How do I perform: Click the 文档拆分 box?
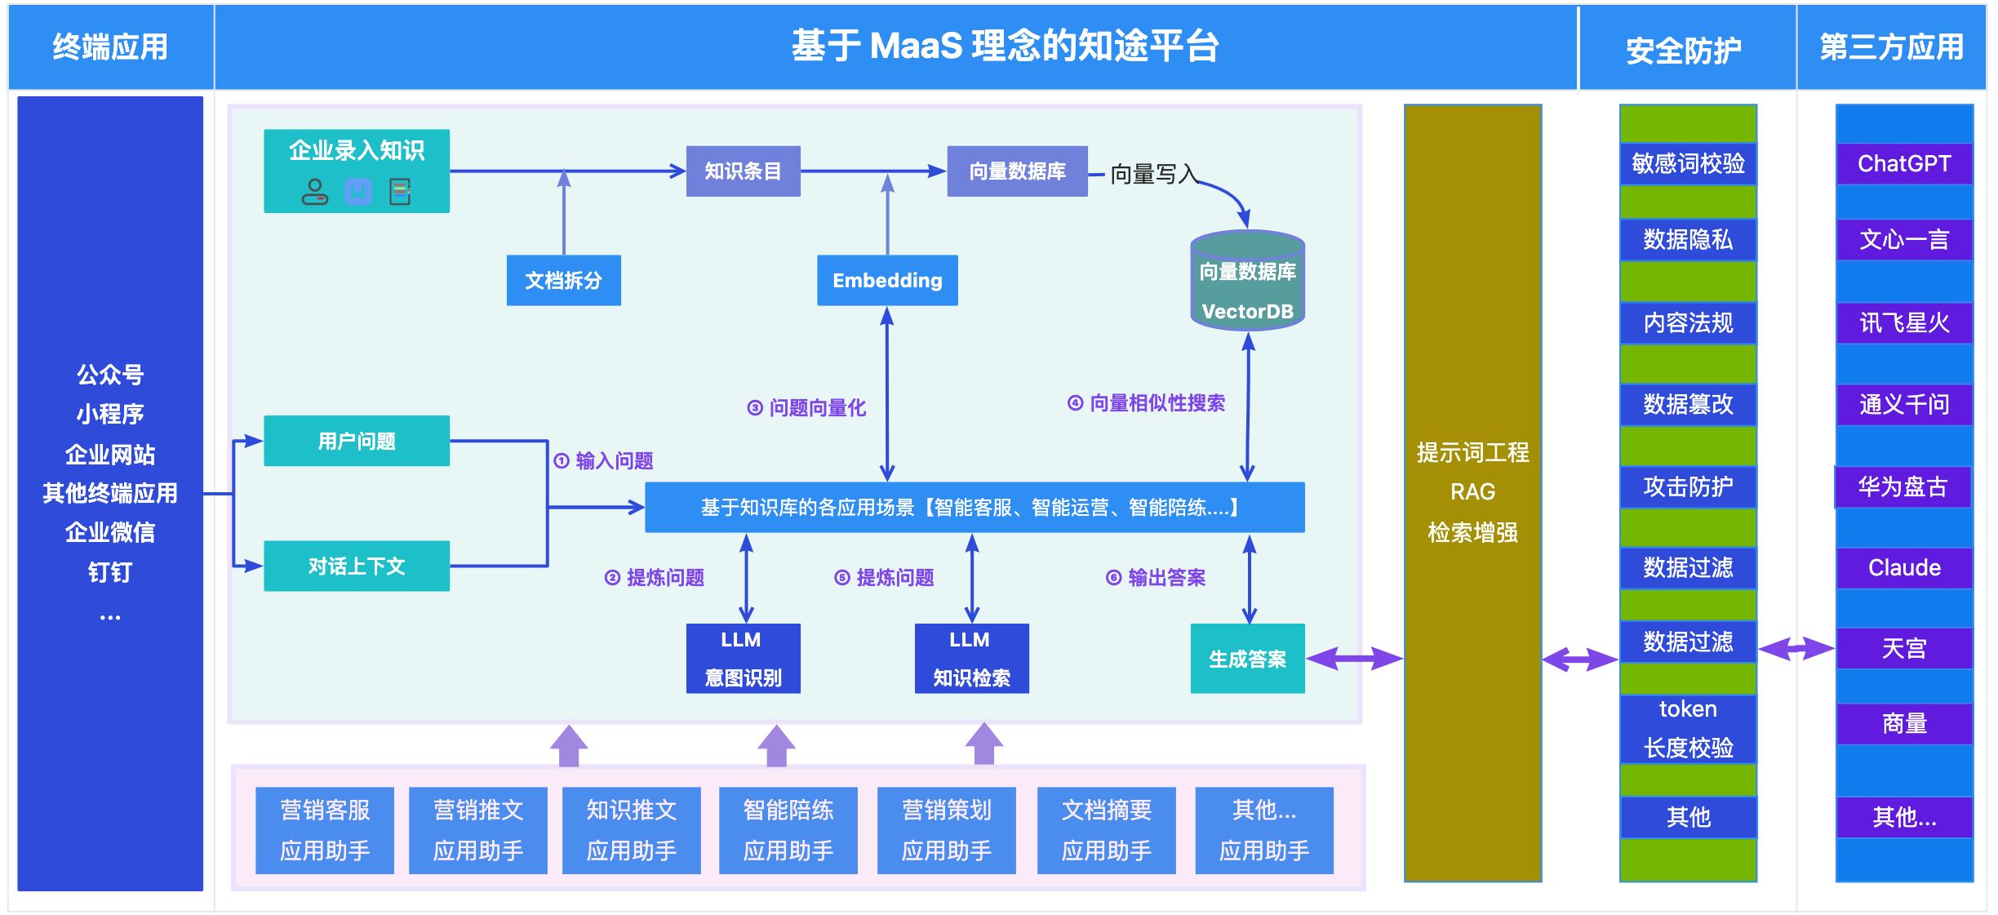tap(563, 280)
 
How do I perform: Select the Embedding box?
tap(887, 280)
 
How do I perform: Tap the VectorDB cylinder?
tap(1247, 280)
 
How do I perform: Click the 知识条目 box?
tap(743, 171)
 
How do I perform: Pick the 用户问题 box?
tap(357, 441)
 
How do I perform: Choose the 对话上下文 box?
tap(357, 566)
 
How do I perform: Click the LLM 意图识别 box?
tap(743, 658)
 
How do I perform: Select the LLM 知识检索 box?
tap(971, 658)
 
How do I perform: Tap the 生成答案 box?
tap(1247, 658)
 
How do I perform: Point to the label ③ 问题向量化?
tap(806, 407)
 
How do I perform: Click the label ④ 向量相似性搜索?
tap(1146, 402)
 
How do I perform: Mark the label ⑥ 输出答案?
tap(1156, 577)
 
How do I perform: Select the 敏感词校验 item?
tap(1688, 163)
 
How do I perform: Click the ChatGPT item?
tap(1904, 163)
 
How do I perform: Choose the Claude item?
tap(1904, 567)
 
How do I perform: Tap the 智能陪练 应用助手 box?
tap(788, 830)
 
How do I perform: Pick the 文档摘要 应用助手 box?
tap(1106, 830)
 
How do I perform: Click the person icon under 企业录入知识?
tap(314, 192)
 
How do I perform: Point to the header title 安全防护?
tap(1683, 50)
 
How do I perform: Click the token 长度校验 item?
tap(1688, 729)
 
